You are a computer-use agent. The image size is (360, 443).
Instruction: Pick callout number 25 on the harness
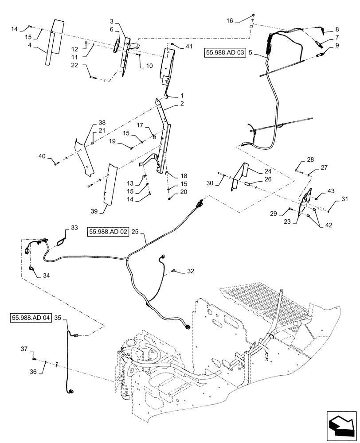pyautogui.click(x=135, y=232)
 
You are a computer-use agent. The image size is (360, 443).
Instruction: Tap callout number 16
pyautogui.click(x=229, y=20)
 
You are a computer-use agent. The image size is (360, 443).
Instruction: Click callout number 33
pyautogui.click(x=74, y=228)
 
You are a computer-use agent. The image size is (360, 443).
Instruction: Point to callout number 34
pyautogui.click(x=47, y=275)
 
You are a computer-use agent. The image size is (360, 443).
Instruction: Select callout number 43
pyautogui.click(x=331, y=190)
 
